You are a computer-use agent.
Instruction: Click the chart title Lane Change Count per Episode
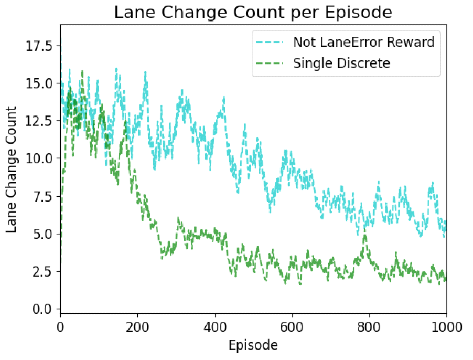tap(253, 13)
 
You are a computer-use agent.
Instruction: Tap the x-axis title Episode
tap(253, 345)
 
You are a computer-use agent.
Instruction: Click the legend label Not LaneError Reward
tap(363, 42)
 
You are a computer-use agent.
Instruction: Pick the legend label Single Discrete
tap(341, 63)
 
